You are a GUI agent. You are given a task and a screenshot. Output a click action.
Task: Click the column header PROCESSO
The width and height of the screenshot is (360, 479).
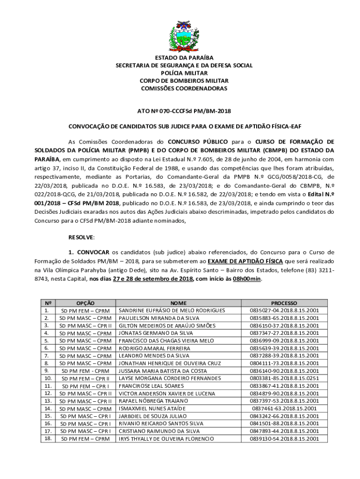[284, 303]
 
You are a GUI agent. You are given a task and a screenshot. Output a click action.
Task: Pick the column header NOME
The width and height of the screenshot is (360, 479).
[179, 303]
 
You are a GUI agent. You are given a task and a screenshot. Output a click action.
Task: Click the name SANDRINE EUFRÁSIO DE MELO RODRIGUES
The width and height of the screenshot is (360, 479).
[172, 311]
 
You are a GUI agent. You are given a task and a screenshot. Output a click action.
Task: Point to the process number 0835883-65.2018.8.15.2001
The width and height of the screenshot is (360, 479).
[284, 318]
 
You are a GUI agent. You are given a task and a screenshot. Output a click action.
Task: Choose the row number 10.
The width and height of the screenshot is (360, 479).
[47, 378]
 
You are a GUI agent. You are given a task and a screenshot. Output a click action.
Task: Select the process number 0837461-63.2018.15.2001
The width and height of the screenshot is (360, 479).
[284, 408]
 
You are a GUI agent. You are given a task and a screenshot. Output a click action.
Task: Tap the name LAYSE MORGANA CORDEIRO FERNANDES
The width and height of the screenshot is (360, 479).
[170, 378]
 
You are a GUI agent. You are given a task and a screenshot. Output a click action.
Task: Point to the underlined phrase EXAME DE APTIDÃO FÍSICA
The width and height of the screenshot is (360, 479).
[245, 261]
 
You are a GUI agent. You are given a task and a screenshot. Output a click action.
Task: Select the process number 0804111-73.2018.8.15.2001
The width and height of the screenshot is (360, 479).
[284, 363]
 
